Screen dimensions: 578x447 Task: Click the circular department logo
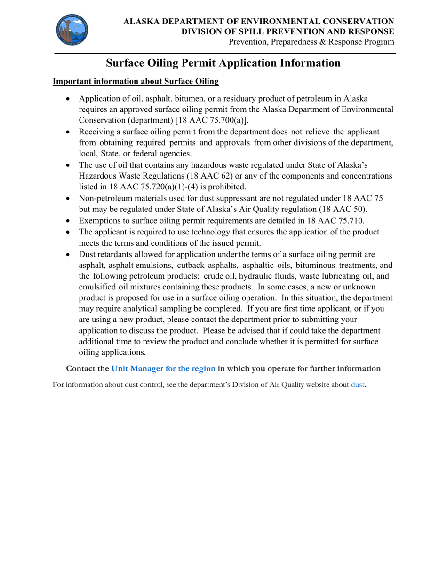point(74,30)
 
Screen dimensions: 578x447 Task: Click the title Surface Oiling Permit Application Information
point(223,63)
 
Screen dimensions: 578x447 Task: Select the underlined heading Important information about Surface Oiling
point(136,81)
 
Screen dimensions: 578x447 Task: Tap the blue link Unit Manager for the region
point(163,368)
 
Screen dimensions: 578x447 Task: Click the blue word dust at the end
point(358,385)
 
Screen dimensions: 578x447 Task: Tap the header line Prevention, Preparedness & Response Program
point(311,42)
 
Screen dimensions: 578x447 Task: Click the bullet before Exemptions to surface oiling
point(69,220)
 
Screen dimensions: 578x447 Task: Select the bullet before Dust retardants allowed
point(69,254)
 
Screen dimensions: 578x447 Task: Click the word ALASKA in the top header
point(141,22)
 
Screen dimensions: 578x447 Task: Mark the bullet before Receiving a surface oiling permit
point(69,132)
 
